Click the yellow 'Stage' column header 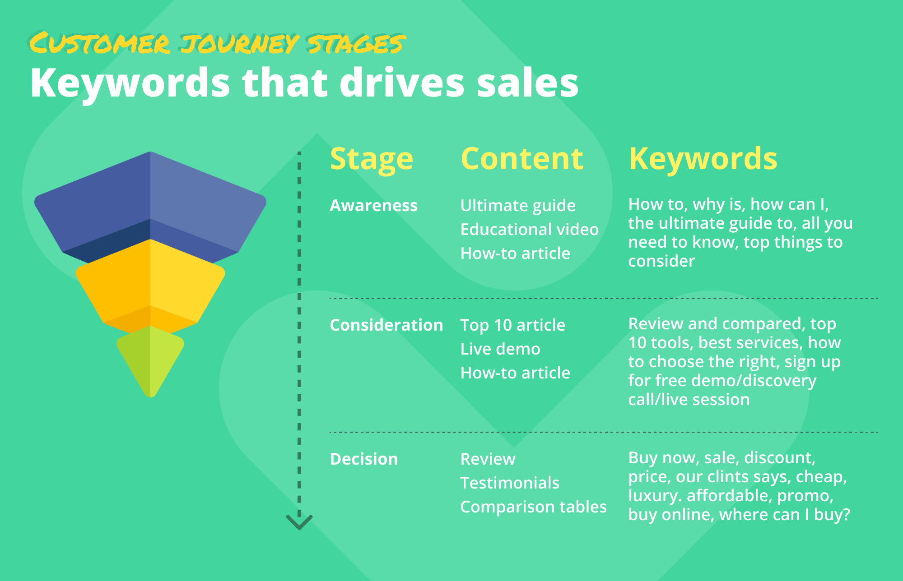[372, 159]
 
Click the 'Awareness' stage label [374, 205]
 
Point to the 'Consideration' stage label [386, 325]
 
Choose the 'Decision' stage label [364, 459]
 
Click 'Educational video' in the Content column [530, 229]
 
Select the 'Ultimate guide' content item [518, 206]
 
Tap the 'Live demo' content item [500, 349]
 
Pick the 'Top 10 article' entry [513, 325]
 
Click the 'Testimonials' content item [510, 483]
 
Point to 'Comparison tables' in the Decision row [534, 507]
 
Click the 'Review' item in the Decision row [488, 459]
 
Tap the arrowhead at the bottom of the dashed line [299, 522]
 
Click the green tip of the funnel [150, 361]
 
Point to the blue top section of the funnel [150, 207]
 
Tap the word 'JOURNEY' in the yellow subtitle [239, 44]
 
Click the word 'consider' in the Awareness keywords [661, 261]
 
